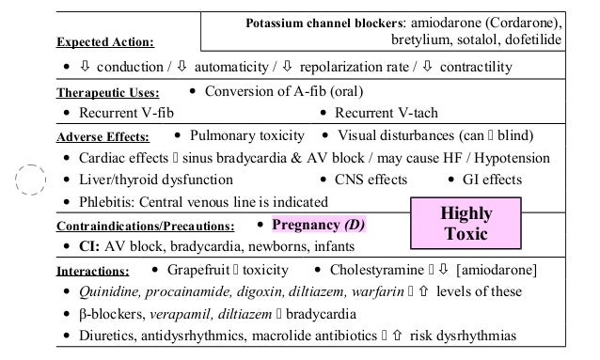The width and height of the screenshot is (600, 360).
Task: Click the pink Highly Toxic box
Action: click(467, 223)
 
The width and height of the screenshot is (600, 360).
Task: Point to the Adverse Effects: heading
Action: click(109, 137)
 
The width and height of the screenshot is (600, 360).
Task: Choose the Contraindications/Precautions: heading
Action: click(145, 227)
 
